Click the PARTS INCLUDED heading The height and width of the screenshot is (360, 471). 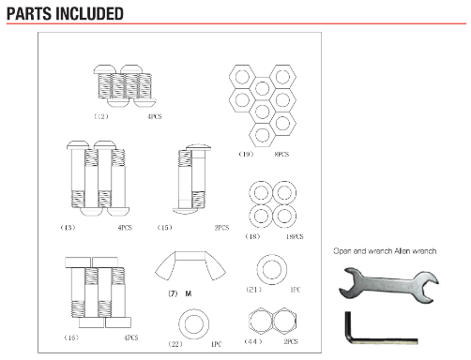coord(65,14)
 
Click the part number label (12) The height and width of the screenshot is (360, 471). coord(101,116)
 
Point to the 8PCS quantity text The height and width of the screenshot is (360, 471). coord(281,154)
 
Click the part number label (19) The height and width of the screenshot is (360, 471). coord(246,154)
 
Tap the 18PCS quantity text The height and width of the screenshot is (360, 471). coord(295,236)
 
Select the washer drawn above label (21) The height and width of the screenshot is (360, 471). coord(272,269)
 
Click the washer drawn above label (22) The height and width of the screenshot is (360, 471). coord(194,324)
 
